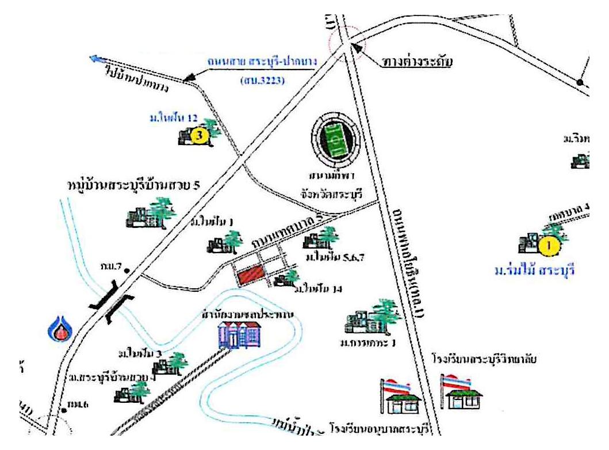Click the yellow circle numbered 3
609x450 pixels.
(198, 136)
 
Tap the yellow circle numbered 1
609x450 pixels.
(549, 246)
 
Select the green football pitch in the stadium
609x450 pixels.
(338, 139)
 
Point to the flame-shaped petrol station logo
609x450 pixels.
(59, 329)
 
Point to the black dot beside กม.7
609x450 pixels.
(126, 269)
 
